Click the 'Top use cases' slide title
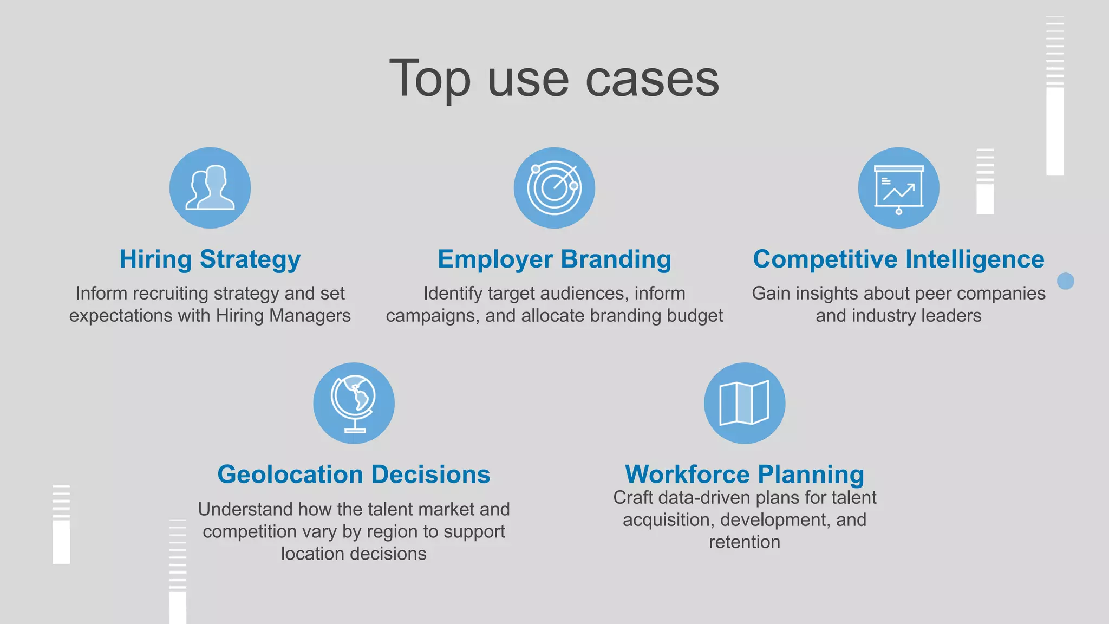(554, 79)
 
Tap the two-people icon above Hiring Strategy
(210, 187)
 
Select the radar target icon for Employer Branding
(554, 187)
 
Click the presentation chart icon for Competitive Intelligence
(898, 187)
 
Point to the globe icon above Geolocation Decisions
(354, 403)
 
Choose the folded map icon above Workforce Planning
(745, 403)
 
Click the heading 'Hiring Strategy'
(210, 259)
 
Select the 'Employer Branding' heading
(554, 259)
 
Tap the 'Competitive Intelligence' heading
(898, 259)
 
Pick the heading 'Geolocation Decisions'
(354, 474)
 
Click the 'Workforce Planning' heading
(745, 474)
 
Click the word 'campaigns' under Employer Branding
(432, 316)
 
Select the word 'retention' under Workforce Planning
(745, 542)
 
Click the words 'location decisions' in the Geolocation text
(354, 554)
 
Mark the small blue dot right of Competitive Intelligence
(1065, 281)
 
